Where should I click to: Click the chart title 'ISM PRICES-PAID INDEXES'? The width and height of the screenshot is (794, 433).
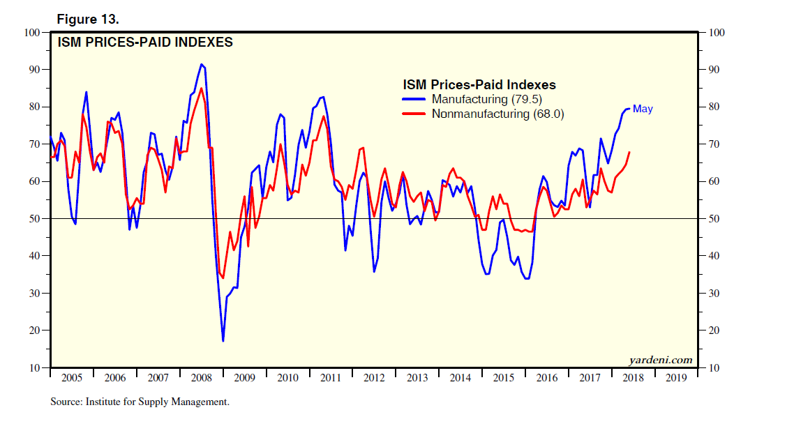144,43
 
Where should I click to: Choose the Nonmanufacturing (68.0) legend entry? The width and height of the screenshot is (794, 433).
497,114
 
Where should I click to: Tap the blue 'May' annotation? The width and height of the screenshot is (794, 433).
643,109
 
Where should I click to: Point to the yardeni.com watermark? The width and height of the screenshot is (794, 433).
660,360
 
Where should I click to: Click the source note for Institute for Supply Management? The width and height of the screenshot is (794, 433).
140,402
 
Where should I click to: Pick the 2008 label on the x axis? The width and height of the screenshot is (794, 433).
201,378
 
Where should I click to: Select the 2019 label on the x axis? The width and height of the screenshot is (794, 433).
676,378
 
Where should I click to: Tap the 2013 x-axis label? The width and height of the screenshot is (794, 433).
417,378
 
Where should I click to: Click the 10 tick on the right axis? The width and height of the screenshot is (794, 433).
716,367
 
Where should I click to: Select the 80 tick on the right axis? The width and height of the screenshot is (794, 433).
716,107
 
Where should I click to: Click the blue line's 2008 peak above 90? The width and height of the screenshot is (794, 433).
202,64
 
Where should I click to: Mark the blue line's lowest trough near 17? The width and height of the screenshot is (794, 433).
223,341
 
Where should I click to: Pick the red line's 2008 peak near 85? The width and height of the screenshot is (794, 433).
202,88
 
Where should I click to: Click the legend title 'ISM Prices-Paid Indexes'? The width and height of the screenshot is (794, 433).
479,84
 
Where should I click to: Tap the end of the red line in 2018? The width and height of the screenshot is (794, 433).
630,152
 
